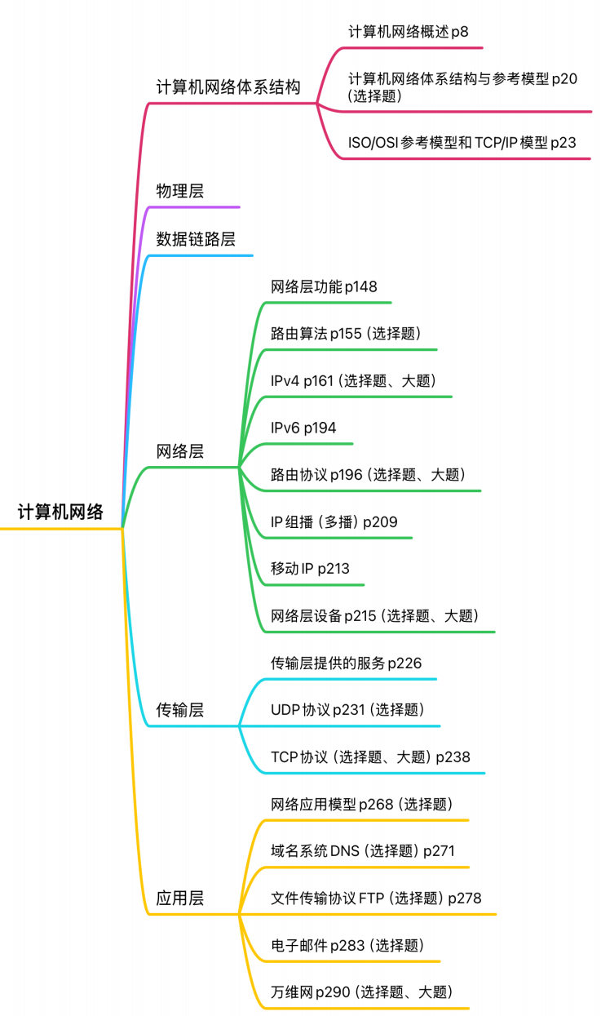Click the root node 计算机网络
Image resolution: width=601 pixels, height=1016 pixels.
61,512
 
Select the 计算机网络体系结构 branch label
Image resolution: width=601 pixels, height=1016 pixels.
228,87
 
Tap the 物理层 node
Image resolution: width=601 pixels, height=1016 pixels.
180,191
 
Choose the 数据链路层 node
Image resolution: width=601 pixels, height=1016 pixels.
196,239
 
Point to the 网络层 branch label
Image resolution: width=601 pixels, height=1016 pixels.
180,451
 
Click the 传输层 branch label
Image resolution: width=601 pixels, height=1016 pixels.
180,710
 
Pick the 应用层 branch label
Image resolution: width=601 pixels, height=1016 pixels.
180,898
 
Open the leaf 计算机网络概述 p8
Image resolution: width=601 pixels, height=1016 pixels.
409,33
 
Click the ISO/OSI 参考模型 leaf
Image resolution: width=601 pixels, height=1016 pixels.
462,143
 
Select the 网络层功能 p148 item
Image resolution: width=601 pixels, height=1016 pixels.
324,286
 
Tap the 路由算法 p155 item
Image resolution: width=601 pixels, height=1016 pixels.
346,334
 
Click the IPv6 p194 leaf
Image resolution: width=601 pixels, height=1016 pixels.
303,428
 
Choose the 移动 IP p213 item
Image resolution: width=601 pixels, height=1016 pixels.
310,569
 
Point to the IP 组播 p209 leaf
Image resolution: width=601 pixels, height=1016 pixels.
334,521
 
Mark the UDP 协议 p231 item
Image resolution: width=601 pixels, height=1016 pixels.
347,710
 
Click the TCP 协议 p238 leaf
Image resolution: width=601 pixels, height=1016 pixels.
370,757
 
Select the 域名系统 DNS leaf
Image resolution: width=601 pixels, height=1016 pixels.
363,851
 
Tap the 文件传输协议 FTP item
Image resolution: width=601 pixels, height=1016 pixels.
376,898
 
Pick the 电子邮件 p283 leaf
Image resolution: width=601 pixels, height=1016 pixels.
347,946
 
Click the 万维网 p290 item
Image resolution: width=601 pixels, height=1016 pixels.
361,992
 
